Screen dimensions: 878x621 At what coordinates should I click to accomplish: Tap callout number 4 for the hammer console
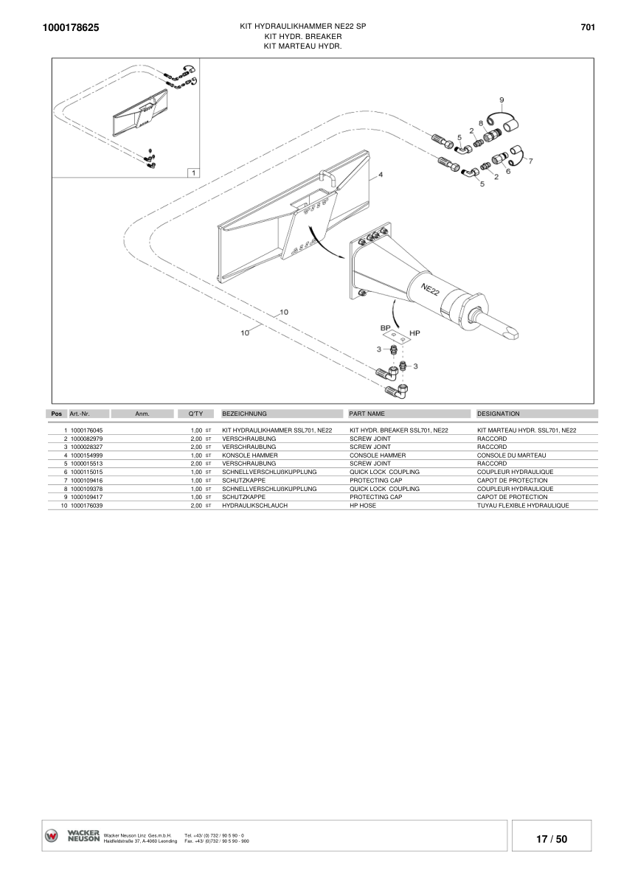[381, 175]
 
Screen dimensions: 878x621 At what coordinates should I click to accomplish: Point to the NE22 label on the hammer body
[431, 289]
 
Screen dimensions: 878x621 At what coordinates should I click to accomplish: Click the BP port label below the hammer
[385, 327]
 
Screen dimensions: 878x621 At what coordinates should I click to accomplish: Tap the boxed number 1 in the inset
[192, 173]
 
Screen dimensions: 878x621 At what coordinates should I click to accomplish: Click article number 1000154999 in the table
[86, 456]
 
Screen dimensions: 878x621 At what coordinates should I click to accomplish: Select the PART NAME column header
[367, 414]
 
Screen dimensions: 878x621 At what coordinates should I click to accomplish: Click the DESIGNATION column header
[499, 414]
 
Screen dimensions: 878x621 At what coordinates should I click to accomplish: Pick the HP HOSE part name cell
[363, 506]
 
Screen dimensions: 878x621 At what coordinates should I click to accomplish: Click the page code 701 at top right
[588, 27]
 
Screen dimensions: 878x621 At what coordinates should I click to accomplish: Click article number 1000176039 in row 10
[86, 506]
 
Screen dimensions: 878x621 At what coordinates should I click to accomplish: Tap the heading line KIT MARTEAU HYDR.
[303, 46]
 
